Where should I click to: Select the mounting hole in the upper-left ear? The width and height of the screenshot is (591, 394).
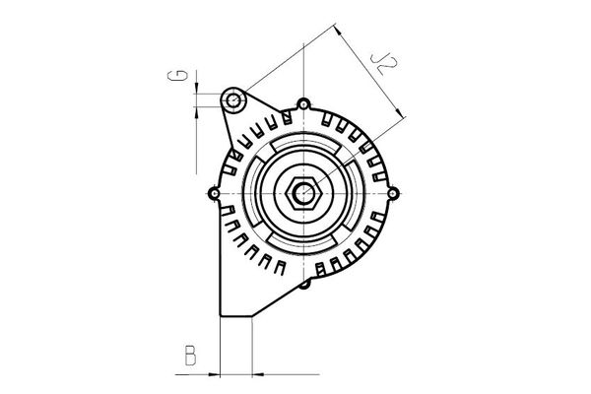coord(233,100)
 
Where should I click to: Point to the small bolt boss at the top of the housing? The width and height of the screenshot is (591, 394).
coord(304,103)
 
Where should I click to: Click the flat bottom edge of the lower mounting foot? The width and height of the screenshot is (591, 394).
coord(236,316)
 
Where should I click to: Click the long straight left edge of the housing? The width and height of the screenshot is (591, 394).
coord(219,266)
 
